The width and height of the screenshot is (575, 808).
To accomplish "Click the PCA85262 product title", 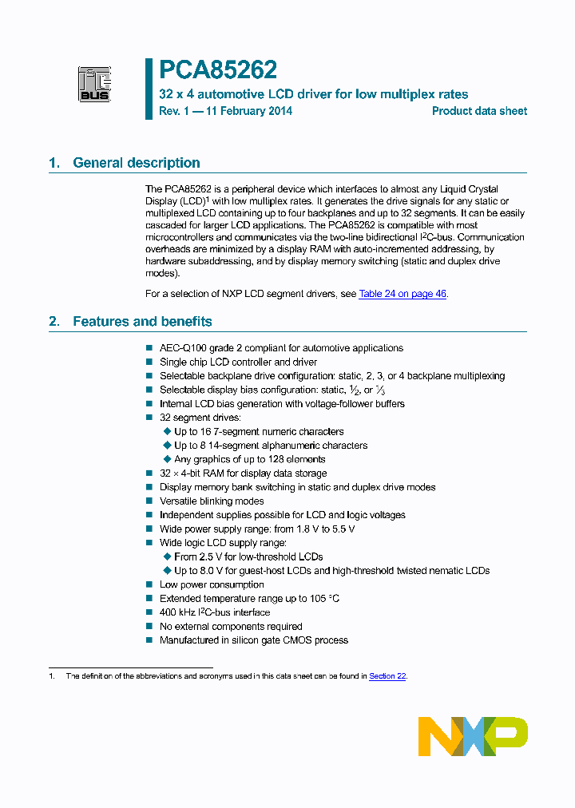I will click(x=218, y=71).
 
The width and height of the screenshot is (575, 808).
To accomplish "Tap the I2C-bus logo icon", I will click(x=94, y=84).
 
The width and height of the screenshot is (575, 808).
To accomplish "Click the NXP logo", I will click(x=473, y=736).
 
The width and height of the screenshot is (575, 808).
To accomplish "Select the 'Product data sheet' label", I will click(x=479, y=111).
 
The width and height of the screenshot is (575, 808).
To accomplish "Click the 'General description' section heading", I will click(x=136, y=163).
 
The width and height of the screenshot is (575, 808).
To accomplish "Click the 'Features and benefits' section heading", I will click(x=142, y=322).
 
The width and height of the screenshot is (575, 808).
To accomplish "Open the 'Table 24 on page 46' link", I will click(x=402, y=294).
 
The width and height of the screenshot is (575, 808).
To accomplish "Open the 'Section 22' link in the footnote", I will click(x=387, y=676).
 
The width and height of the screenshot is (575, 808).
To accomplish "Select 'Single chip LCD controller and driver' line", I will click(x=238, y=362).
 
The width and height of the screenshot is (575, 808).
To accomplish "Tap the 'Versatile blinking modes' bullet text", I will click(x=212, y=501).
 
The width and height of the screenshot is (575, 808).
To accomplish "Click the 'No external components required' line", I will click(x=231, y=627).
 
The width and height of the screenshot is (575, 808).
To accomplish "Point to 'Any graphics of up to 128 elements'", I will click(x=249, y=460).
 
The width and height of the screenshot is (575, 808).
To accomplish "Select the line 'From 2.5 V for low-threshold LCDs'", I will click(x=248, y=557).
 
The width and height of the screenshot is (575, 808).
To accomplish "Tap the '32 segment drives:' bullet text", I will click(x=200, y=418).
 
